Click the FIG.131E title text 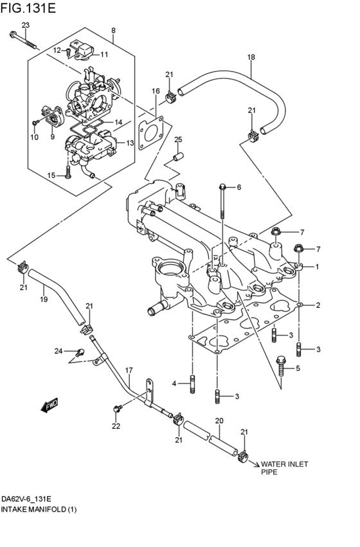coord(28,8)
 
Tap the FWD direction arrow coord(50,406)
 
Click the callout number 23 coord(26,25)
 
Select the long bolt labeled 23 coord(24,40)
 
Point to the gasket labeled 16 coord(150,132)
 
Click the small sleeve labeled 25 coord(179,156)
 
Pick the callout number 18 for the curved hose coord(251,57)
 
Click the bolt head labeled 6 coord(223,187)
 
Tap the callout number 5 coord(298,368)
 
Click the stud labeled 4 coord(192,384)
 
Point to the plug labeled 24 coord(80,352)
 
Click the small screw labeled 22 coord(118,408)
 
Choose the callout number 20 coord(219,421)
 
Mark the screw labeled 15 coord(68,171)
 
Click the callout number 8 coord(113,30)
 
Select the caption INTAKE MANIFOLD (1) coord(39,509)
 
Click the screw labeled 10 coord(35,123)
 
